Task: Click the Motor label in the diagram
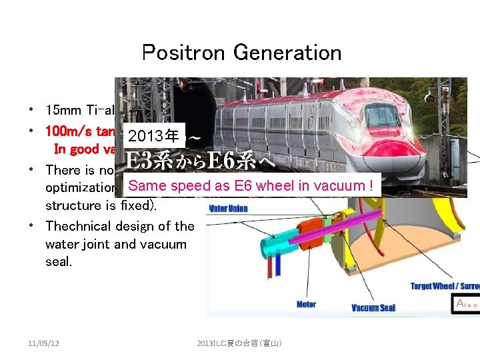307,304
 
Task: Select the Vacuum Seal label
373,307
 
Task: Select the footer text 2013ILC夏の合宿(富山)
240,343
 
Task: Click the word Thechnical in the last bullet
78,226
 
